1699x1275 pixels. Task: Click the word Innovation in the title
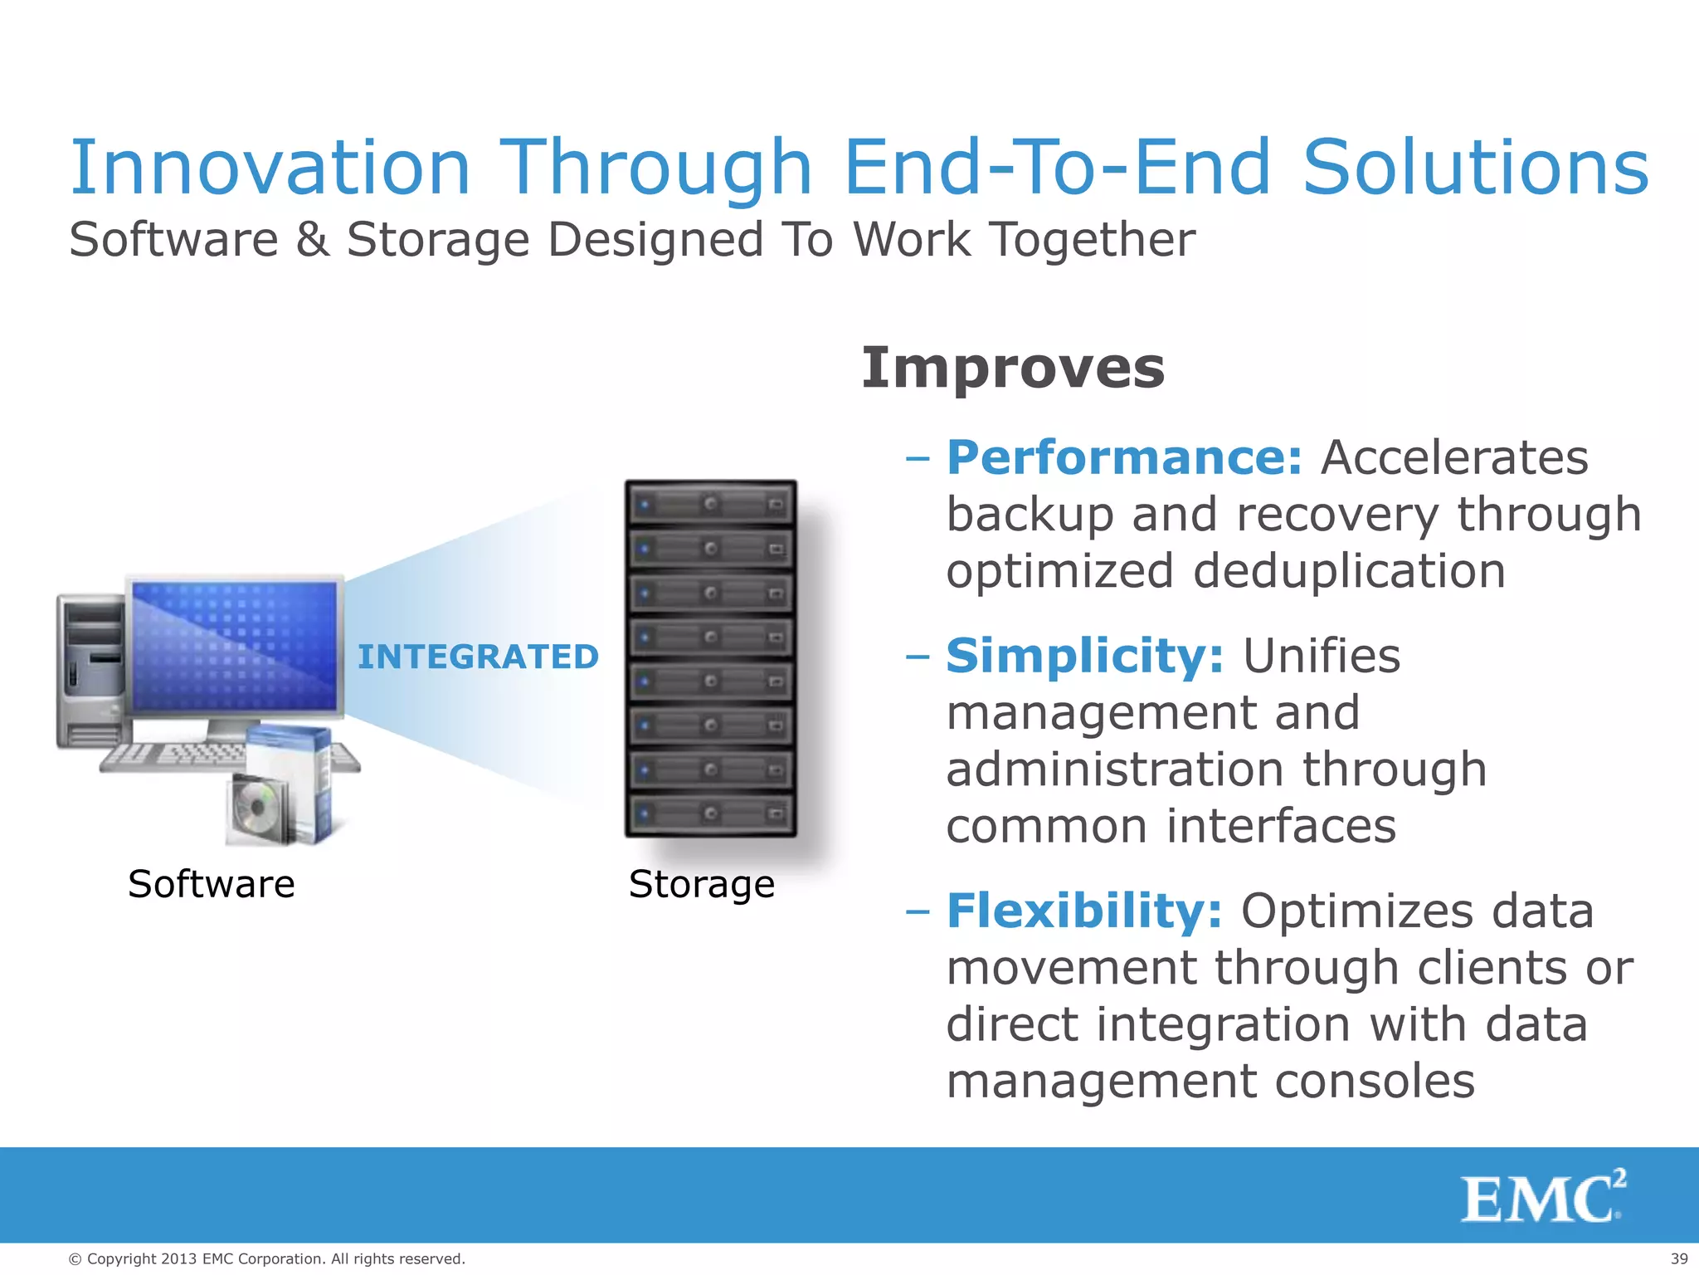pyautogui.click(x=270, y=169)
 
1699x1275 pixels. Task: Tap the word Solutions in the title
pyautogui.click(x=1475, y=169)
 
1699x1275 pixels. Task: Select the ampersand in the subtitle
pyautogui.click(x=312, y=240)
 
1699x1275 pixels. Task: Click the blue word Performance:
pyautogui.click(x=1124, y=457)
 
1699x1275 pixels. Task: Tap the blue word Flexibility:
pyautogui.click(x=1083, y=911)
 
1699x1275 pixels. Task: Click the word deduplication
pyautogui.click(x=1349, y=572)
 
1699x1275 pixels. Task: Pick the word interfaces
pyautogui.click(x=1281, y=826)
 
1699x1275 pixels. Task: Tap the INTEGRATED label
pyautogui.click(x=478, y=657)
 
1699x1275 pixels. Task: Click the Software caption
pyautogui.click(x=212, y=884)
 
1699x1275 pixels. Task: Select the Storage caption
pyautogui.click(x=702, y=884)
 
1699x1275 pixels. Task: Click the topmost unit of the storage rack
pyautogui.click(x=711, y=504)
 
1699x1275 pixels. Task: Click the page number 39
pyautogui.click(x=1678, y=1259)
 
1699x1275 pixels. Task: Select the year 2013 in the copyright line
pyautogui.click(x=179, y=1259)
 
